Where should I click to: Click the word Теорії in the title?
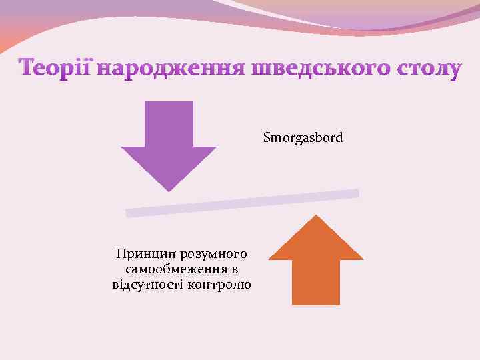[x=56, y=69]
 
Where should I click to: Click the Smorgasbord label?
[x=303, y=138]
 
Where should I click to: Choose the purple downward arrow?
[x=169, y=143]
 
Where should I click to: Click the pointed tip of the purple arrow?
[x=169, y=190]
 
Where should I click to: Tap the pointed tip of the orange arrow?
[x=316, y=216]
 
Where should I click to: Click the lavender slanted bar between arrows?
[x=243, y=203]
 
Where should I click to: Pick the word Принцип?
[x=139, y=254]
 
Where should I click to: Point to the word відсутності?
[x=145, y=285]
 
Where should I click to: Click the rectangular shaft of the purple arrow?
[x=169, y=124]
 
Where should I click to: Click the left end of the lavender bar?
[x=129, y=213]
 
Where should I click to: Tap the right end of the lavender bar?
[x=356, y=193]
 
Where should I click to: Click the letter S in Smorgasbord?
[x=267, y=138]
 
